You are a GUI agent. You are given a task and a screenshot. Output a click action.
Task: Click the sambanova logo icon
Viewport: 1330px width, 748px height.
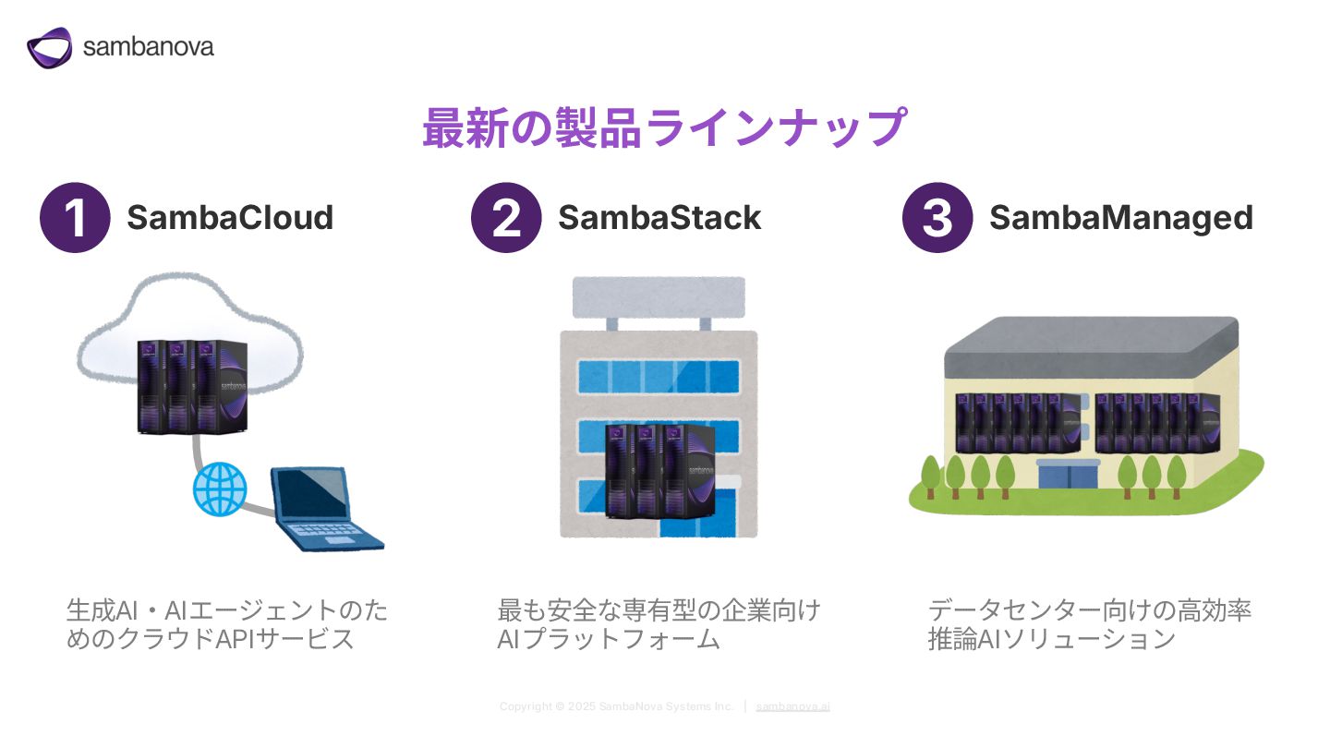click(49, 47)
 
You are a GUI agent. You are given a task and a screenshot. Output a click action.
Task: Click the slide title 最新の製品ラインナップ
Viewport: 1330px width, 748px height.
click(665, 127)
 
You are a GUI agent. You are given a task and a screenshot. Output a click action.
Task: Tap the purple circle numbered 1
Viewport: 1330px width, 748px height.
click(75, 217)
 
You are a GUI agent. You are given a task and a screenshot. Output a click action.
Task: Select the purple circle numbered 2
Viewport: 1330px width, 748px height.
click(506, 217)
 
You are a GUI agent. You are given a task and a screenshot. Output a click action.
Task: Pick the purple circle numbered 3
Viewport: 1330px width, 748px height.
click(937, 217)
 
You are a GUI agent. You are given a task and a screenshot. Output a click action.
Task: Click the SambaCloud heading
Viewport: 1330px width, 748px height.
click(230, 217)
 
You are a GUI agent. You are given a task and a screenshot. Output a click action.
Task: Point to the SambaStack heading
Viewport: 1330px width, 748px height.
click(659, 217)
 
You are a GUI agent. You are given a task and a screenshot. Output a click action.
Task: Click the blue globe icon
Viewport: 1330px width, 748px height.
click(220, 489)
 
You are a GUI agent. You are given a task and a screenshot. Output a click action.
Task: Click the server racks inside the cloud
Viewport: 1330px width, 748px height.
click(192, 386)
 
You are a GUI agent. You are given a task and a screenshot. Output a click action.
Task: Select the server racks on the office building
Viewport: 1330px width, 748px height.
click(659, 471)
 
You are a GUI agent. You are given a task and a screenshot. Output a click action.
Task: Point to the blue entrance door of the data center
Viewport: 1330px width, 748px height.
click(1068, 475)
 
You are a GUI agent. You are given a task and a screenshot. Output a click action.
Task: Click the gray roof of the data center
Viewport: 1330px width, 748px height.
click(1092, 344)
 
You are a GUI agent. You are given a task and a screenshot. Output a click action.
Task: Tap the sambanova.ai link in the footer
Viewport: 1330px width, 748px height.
click(792, 706)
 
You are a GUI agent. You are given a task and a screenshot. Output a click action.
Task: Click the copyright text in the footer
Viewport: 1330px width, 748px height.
click(616, 706)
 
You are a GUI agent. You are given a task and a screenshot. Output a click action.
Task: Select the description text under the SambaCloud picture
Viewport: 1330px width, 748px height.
click(227, 624)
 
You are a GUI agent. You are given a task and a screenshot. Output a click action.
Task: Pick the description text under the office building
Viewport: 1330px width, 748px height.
click(659, 624)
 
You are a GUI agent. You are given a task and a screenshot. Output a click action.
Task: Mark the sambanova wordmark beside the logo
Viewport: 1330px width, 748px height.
click(149, 47)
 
